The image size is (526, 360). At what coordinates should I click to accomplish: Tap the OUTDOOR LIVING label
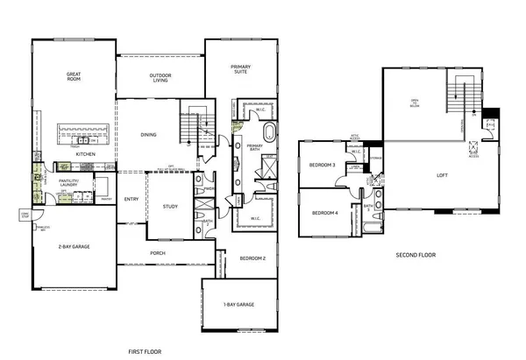160,79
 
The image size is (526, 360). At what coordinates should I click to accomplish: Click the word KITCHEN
85,154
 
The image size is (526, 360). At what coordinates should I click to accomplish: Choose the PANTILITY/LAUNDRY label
69,183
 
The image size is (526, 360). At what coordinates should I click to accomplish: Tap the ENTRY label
132,199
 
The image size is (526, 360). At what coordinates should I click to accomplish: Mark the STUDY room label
169,207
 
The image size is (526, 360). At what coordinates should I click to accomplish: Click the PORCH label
158,253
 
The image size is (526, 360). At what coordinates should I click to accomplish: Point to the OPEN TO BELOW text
416,104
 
